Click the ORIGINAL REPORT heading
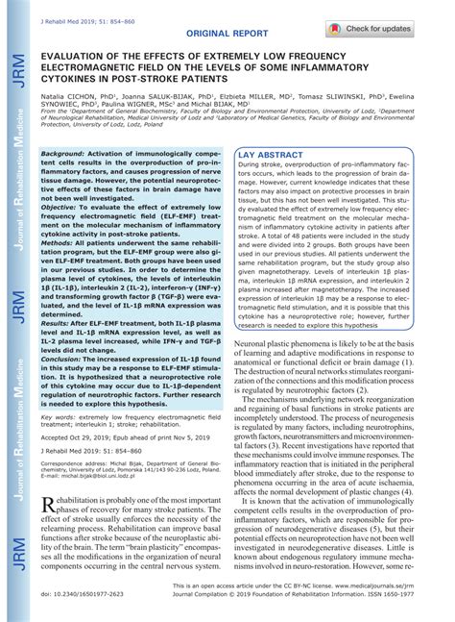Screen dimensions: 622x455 click(227, 34)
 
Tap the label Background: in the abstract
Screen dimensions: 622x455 click(62, 154)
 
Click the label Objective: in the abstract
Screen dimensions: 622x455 click(62, 208)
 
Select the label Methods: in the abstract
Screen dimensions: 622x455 click(60, 244)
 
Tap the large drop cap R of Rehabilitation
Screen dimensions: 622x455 click(50, 507)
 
